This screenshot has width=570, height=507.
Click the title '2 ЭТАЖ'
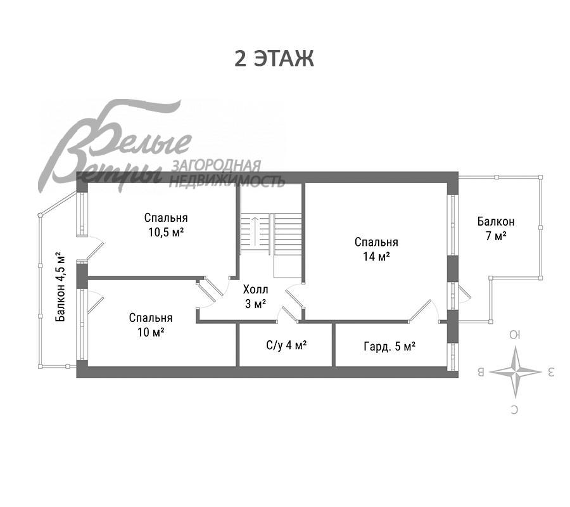[274, 58]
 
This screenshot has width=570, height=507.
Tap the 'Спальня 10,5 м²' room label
[166, 225]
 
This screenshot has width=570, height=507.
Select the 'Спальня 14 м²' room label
[376, 249]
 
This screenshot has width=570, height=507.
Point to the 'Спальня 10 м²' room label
[151, 324]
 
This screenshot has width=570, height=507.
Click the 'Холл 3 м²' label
[256, 297]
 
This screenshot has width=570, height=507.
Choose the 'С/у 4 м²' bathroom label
[286, 345]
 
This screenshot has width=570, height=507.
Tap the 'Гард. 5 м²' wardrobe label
[389, 346]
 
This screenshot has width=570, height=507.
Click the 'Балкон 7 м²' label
[496, 228]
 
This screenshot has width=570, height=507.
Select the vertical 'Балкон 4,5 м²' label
[61, 287]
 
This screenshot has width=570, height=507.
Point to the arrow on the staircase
[255, 231]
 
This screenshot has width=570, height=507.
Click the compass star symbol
[515, 372]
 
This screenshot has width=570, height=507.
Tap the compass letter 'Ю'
[515, 335]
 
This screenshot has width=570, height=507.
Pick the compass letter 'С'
[514, 410]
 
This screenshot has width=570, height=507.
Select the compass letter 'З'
[550, 372]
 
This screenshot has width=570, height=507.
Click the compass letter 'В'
[481, 372]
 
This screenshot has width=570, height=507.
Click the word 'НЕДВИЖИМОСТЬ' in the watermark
[227, 181]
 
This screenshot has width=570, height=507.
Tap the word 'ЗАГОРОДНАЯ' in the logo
[216, 166]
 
